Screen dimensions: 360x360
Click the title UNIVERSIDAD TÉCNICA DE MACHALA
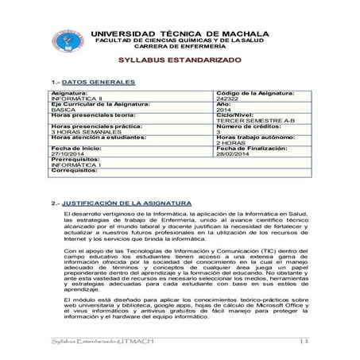click(192, 33)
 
